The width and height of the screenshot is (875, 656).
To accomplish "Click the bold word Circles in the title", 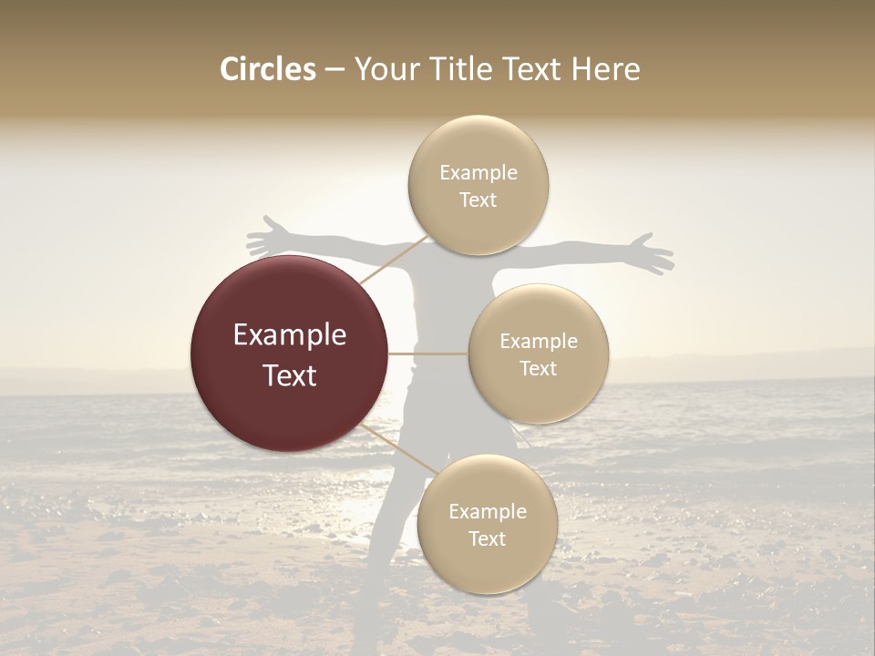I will [x=268, y=69].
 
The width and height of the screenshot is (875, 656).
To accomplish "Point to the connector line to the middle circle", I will [x=428, y=354].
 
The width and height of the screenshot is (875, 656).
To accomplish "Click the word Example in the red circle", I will [x=290, y=335].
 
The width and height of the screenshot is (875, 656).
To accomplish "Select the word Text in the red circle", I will [x=290, y=375].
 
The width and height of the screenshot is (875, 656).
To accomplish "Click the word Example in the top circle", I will [x=479, y=173].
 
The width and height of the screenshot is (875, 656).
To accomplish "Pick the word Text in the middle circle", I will [x=539, y=369].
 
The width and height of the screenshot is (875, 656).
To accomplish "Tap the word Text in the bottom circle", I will [x=487, y=539].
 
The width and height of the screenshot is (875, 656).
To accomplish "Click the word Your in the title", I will [x=383, y=69].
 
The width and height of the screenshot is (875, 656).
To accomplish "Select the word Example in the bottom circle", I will [x=487, y=511].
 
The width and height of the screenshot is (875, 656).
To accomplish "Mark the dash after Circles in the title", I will [x=334, y=69].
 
